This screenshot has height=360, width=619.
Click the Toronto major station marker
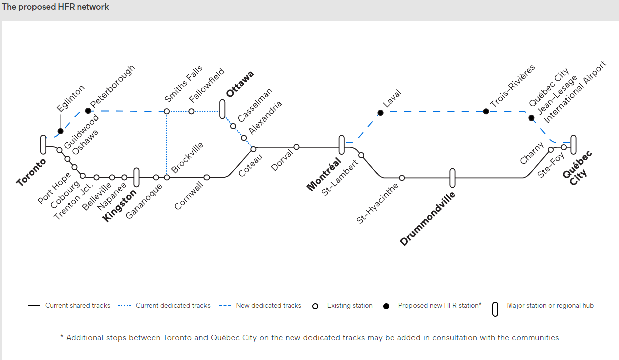(43, 145)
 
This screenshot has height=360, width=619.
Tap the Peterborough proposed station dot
(88, 111)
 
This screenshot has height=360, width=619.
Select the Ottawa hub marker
(222, 109)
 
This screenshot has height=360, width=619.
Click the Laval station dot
(380, 113)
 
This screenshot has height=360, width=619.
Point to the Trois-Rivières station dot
(486, 111)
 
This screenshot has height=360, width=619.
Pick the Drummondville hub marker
(452, 178)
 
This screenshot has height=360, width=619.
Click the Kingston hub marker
(136, 177)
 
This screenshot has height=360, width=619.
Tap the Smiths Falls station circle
(167, 111)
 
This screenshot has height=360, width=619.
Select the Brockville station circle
(167, 177)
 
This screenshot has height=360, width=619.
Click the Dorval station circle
(296, 147)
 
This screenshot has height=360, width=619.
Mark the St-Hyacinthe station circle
(402, 178)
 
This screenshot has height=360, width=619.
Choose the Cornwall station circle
(207, 177)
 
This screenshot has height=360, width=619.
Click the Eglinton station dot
(61, 131)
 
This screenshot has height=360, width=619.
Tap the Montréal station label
(324, 174)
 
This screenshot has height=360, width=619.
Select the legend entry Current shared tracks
(77, 305)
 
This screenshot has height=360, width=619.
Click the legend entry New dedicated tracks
(268, 305)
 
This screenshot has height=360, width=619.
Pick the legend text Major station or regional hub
(550, 305)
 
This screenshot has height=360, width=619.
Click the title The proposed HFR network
(55, 7)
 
